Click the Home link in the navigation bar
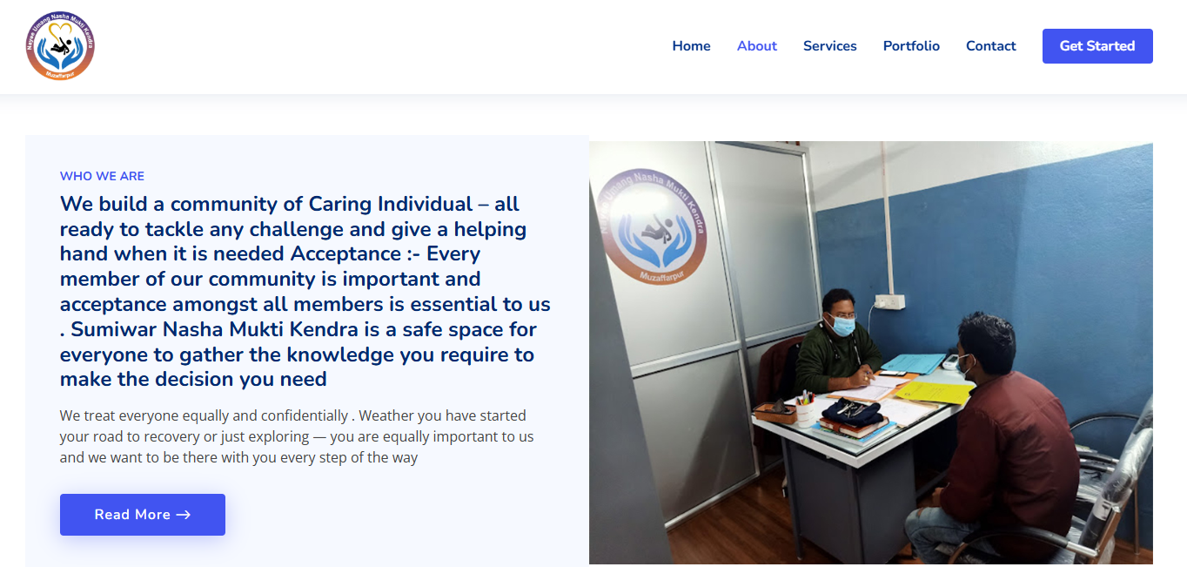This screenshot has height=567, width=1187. tap(691, 46)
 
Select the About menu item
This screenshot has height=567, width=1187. tap(757, 46)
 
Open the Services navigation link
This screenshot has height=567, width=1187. tap(830, 46)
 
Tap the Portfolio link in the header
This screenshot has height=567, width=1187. tap(911, 46)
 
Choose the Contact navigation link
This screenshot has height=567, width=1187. tap(991, 46)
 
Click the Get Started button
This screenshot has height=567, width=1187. tap(1097, 46)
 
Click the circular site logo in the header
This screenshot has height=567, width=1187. tap(60, 46)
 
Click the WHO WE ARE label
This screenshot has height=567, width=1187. tap(102, 176)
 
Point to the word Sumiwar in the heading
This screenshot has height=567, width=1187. tap(113, 329)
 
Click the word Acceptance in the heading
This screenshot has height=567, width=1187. tap(345, 254)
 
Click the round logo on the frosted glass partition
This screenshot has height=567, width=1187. tap(653, 226)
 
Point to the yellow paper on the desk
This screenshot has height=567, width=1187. tap(935, 392)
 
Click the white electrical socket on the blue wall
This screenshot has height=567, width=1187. tap(889, 302)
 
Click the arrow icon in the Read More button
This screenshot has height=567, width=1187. tap(184, 515)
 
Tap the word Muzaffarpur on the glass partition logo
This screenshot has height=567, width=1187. tap(661, 275)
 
